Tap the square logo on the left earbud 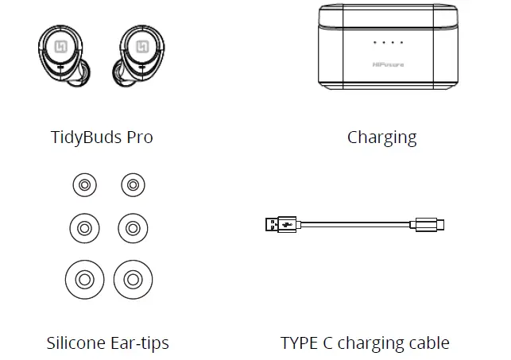(60, 48)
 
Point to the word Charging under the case (381, 137)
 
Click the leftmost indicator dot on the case (375, 42)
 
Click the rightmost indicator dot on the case (401, 42)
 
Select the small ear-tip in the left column (83, 186)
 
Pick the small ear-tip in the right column (133, 186)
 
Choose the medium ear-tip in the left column (83, 229)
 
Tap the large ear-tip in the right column (133, 279)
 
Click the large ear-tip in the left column (83, 279)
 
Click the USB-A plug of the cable (281, 225)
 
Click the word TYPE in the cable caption (302, 343)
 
